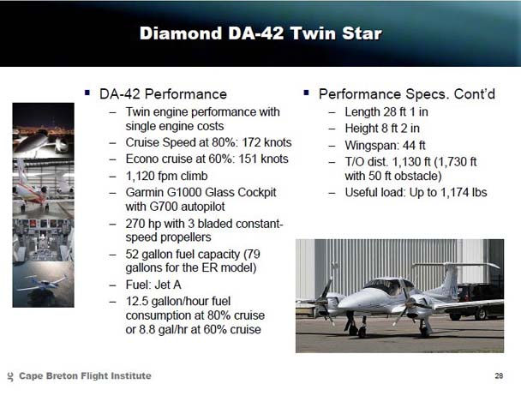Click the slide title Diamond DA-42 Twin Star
[x=260, y=33]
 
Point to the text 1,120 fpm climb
[x=166, y=176]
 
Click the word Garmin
[x=144, y=192]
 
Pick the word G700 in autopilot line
[x=162, y=207]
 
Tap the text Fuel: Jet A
[x=153, y=285]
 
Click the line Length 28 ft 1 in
[x=386, y=111]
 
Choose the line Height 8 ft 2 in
[x=382, y=129]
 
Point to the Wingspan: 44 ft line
[x=385, y=146]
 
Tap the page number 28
[x=499, y=375]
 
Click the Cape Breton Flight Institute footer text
[x=85, y=375]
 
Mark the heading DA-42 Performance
[x=163, y=94]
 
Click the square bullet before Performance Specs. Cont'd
[x=306, y=93]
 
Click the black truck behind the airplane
[x=479, y=301]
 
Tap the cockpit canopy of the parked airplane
[x=389, y=286]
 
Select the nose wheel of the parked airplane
[x=362, y=331]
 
